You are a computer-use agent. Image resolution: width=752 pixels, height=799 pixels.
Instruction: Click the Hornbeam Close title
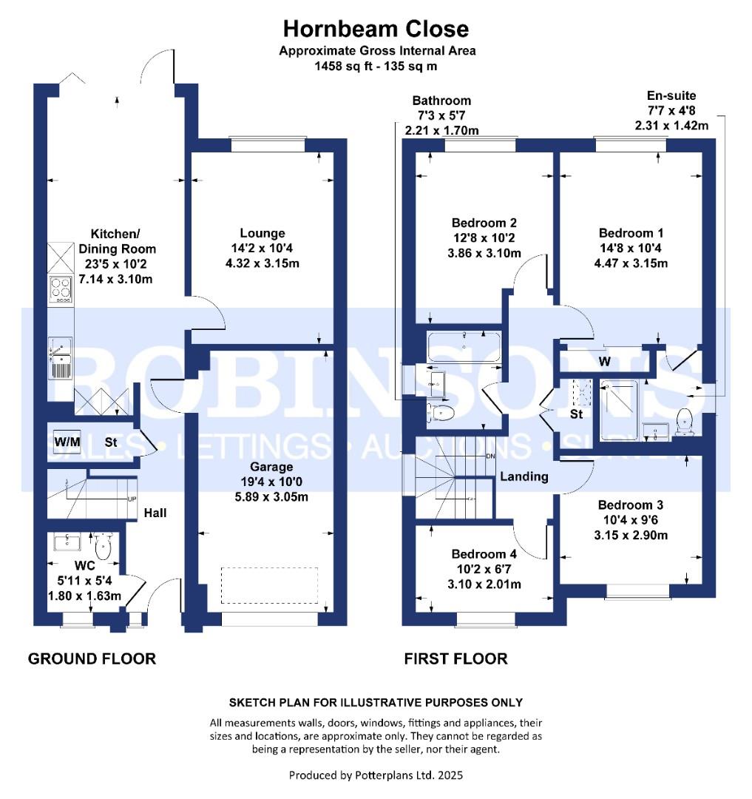click(376, 29)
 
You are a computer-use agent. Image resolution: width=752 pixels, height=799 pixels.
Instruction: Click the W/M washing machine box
click(67, 442)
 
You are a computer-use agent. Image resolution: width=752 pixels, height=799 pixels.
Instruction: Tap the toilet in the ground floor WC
click(102, 547)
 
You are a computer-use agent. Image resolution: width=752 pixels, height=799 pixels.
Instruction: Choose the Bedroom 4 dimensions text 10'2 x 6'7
click(484, 570)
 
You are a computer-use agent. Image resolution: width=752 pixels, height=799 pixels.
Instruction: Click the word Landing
click(524, 476)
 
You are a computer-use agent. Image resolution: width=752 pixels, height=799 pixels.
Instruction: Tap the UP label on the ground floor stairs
click(132, 499)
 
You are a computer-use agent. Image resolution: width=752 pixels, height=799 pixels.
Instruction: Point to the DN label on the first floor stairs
click(490, 456)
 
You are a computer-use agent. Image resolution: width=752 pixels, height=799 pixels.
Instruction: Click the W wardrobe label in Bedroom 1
click(604, 362)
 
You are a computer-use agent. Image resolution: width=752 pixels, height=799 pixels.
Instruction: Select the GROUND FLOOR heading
click(92, 658)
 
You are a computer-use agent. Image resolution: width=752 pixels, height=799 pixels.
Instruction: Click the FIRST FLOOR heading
click(455, 658)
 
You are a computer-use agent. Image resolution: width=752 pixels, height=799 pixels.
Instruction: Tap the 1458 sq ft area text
click(346, 65)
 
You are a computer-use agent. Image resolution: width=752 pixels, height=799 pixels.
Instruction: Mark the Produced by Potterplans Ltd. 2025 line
click(376, 775)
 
